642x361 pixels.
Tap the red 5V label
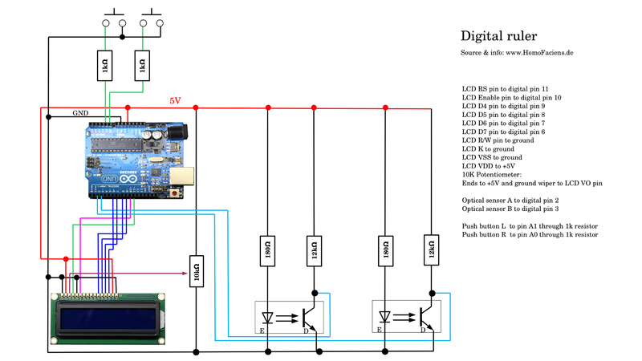click(x=175, y=101)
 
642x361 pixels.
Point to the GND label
click(x=81, y=113)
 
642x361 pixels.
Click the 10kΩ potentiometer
click(x=196, y=273)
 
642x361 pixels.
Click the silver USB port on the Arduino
click(x=184, y=176)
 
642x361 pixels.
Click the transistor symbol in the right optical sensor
click(x=427, y=314)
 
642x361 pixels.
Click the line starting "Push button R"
click(x=530, y=235)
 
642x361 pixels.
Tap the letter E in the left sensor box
click(x=262, y=329)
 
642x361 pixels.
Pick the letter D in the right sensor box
click(x=422, y=329)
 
